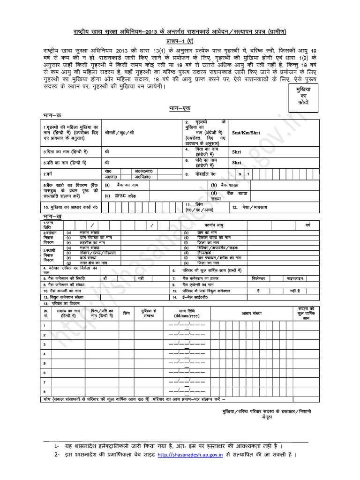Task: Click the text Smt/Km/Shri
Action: [x=246, y=133]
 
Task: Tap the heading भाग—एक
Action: [x=180, y=108]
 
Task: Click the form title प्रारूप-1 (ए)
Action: [x=180, y=41]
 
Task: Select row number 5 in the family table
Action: [x=45, y=363]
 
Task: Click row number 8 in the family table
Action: [x=45, y=391]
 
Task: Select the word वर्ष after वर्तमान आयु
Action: [x=308, y=225]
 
